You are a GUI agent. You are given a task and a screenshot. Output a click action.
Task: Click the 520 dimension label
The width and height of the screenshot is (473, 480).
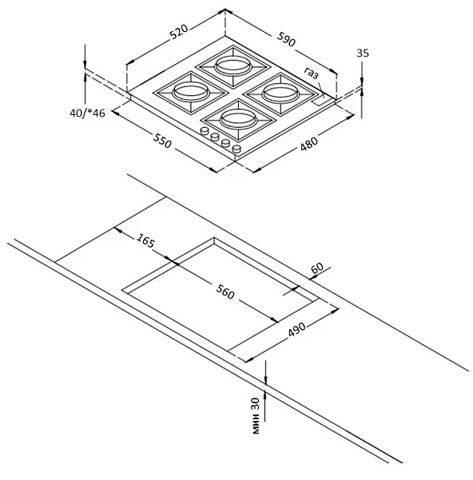tap(179, 33)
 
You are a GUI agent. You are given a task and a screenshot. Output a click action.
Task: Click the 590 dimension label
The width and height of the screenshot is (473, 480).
tap(286, 39)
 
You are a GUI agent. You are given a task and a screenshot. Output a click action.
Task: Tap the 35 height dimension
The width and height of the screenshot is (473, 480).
tap(363, 54)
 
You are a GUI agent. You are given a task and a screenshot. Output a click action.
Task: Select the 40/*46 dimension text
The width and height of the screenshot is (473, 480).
tap(87, 113)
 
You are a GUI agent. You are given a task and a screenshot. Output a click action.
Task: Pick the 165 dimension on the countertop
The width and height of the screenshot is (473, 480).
tap(146, 240)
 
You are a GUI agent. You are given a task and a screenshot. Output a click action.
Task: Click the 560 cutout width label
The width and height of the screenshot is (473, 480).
tap(225, 292)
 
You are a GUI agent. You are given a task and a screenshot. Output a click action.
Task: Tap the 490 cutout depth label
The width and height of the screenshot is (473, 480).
tap(296, 329)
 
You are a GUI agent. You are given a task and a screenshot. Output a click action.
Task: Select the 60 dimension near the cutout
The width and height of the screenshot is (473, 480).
tap(317, 268)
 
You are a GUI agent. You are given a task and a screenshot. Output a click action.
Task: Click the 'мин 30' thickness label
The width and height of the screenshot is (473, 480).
tap(256, 415)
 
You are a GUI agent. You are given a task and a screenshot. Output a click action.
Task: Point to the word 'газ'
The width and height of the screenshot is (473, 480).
tap(312, 73)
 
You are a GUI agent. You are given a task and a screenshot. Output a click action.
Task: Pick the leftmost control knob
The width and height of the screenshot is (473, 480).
tap(204, 131)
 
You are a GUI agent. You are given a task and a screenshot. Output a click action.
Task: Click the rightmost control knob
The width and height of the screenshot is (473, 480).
tap(237, 149)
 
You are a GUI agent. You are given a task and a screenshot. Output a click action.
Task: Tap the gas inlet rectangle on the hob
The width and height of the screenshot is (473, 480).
tap(320, 102)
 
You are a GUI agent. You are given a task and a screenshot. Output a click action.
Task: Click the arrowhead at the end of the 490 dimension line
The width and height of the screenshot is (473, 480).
tap(336, 311)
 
